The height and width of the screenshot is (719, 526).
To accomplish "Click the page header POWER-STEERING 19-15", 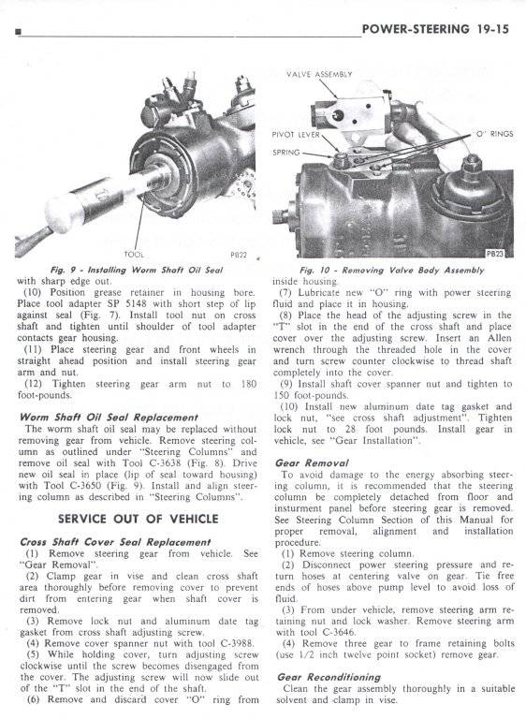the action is click(x=435, y=29).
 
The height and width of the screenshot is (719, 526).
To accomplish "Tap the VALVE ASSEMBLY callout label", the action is click(x=319, y=74).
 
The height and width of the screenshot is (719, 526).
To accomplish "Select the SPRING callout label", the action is click(x=286, y=153).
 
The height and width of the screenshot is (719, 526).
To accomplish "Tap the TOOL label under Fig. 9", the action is click(x=134, y=255).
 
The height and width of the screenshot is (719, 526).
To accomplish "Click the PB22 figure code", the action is click(x=239, y=255).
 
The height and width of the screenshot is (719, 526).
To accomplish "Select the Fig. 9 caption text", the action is click(x=137, y=270).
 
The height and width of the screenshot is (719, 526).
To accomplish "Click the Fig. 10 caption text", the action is click(x=391, y=271).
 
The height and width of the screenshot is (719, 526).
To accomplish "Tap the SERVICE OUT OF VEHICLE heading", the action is click(x=138, y=519).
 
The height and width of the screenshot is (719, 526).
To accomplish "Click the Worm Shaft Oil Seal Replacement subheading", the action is click(x=109, y=418).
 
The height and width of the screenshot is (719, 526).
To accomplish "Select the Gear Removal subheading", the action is click(x=312, y=463).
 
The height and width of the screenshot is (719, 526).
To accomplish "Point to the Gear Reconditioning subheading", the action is click(x=329, y=677).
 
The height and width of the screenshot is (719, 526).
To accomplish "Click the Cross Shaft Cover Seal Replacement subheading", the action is click(x=115, y=542).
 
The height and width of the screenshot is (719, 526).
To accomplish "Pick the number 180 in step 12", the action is click(x=248, y=384).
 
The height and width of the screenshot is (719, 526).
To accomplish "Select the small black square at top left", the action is click(x=19, y=32).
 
